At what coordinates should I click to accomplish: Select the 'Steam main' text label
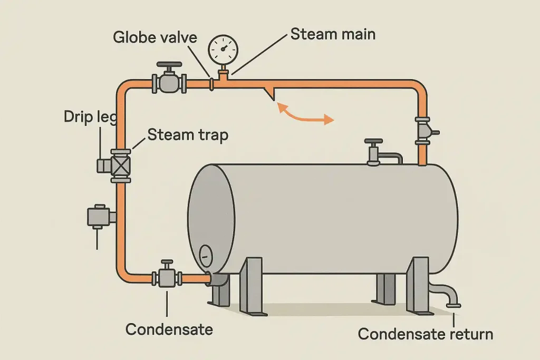[x=333, y=35]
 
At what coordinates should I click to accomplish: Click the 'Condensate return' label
[x=425, y=334]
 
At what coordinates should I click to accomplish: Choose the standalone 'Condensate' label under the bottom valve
[x=169, y=329]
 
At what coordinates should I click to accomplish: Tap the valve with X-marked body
[x=120, y=165]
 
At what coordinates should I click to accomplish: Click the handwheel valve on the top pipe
[x=169, y=80]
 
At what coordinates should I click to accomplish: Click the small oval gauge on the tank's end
[x=206, y=255]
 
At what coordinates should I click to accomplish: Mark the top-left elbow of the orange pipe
[x=123, y=87]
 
